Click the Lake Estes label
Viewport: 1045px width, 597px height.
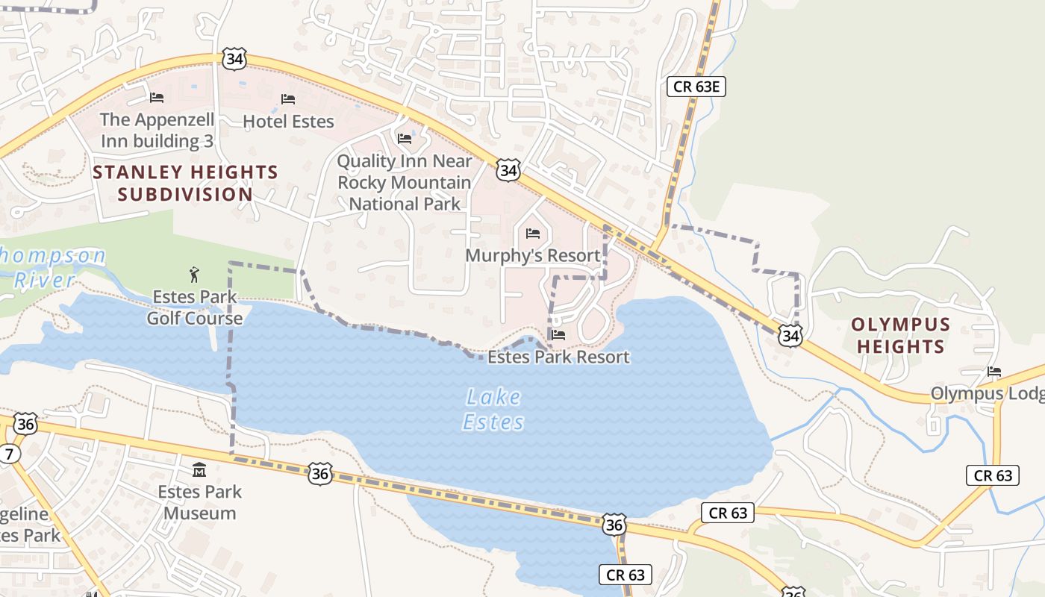pos(493,409)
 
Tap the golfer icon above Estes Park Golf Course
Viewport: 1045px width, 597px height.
pos(195,275)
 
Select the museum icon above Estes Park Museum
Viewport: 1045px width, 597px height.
pos(199,470)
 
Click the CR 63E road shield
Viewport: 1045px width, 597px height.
pos(696,87)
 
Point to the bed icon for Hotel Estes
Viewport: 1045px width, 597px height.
pos(288,99)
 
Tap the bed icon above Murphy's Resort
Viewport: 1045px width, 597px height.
pos(532,234)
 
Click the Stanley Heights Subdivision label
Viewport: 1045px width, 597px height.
pos(185,183)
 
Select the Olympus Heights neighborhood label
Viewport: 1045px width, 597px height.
pos(900,335)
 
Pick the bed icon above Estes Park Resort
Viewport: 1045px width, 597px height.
pos(558,335)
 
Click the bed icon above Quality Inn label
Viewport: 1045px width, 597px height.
pos(405,138)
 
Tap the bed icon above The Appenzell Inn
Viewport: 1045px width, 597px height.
pos(157,97)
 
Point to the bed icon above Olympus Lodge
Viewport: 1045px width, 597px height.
pos(993,372)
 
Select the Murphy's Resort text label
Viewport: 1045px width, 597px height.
pos(532,255)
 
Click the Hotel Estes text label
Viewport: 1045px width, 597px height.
pos(288,120)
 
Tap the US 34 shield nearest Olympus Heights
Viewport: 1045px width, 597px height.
pos(790,337)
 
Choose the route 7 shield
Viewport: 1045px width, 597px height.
pos(9,453)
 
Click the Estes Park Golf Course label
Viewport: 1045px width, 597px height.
pos(194,307)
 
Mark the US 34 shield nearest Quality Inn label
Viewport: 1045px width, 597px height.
pos(508,170)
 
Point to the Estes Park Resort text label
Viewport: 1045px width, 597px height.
pos(558,357)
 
